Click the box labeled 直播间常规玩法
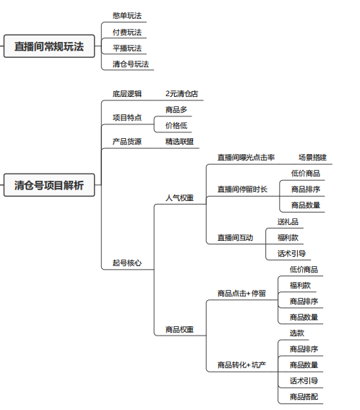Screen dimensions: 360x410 pyautogui.click(x=49, y=46)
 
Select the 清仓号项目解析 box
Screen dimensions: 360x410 pyautogui.click(x=49, y=185)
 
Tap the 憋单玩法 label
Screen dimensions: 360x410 pyautogui.click(x=127, y=16)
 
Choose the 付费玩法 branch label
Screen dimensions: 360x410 pyautogui.click(x=127, y=32)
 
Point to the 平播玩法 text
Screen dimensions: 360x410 pyautogui.click(x=127, y=48)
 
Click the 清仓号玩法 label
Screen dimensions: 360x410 pyautogui.click(x=131, y=64)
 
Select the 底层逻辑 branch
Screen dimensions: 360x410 pyautogui.click(x=127, y=94)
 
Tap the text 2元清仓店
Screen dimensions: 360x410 pyautogui.click(x=181, y=94)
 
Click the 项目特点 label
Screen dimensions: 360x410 pyautogui.click(x=127, y=118)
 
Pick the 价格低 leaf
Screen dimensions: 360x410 pyautogui.click(x=176, y=126)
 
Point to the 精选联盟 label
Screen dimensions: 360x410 pyautogui.click(x=179, y=142)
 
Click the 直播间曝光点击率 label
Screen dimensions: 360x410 pyautogui.click(x=246, y=158)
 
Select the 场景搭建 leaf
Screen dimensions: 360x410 pyautogui.click(x=313, y=158)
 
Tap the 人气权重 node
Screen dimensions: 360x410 pyautogui.click(x=179, y=198)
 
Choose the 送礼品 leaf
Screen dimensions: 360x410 pyautogui.click(x=288, y=222)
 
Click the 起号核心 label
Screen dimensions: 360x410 pyautogui.click(x=127, y=262)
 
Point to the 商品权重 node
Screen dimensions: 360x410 pyautogui.click(x=179, y=330)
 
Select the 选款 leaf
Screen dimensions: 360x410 pyautogui.click(x=297, y=333)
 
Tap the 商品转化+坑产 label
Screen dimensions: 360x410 pyautogui.click(x=242, y=365)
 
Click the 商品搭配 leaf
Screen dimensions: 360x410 pyautogui.click(x=304, y=397)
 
